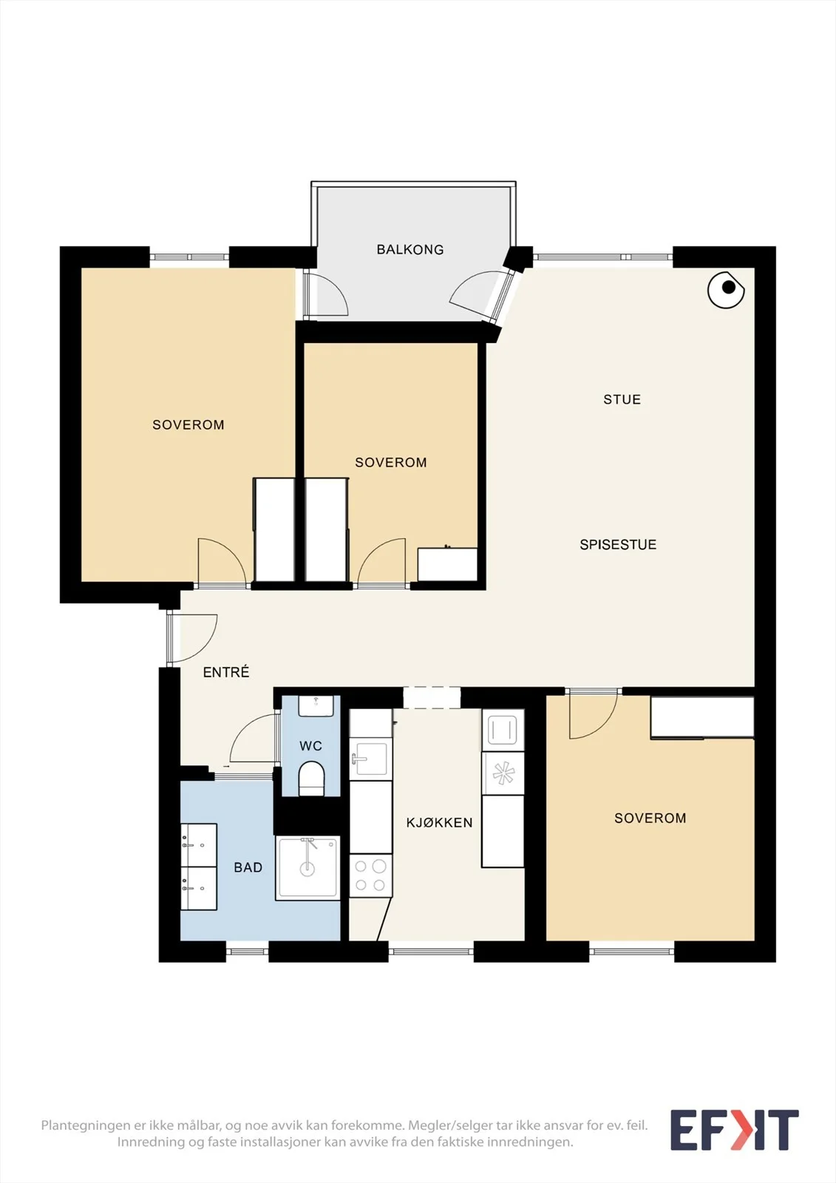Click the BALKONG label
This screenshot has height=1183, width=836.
click(x=409, y=249)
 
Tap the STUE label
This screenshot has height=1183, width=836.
click(x=622, y=399)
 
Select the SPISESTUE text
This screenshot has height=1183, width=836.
click(x=618, y=544)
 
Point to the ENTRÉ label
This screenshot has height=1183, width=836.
click(x=226, y=672)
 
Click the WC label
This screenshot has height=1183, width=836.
click(x=310, y=746)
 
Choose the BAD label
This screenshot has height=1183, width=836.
click(x=248, y=867)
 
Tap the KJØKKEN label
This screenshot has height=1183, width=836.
click(x=439, y=822)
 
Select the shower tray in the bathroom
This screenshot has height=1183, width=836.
click(x=307, y=868)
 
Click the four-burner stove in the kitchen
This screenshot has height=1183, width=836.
click(x=371, y=875)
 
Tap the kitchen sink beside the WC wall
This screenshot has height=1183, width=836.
click(x=371, y=759)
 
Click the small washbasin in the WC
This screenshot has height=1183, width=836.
click(x=316, y=705)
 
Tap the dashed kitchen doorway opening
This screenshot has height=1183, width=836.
click(x=432, y=698)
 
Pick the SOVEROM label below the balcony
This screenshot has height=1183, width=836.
click(x=391, y=462)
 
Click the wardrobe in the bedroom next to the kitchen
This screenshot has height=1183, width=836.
click(x=702, y=717)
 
